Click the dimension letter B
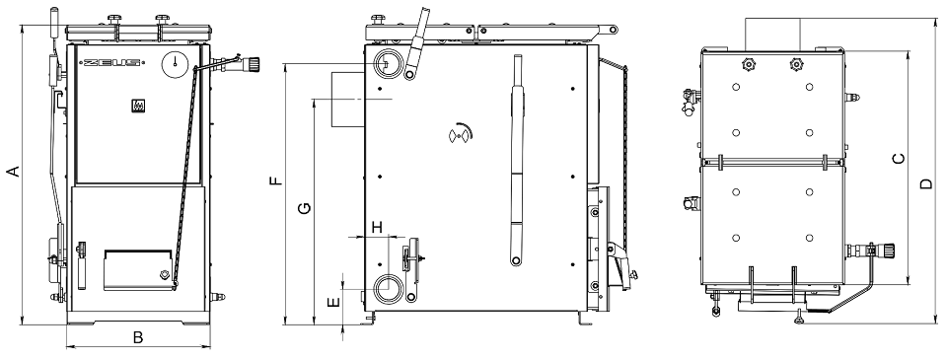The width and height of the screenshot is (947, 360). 138,337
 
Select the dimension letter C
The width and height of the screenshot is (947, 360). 899,159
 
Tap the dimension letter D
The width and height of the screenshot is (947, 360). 926,183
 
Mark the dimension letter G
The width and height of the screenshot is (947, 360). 305,208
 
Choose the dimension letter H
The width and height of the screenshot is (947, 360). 378,227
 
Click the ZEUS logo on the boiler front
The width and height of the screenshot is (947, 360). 112,61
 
